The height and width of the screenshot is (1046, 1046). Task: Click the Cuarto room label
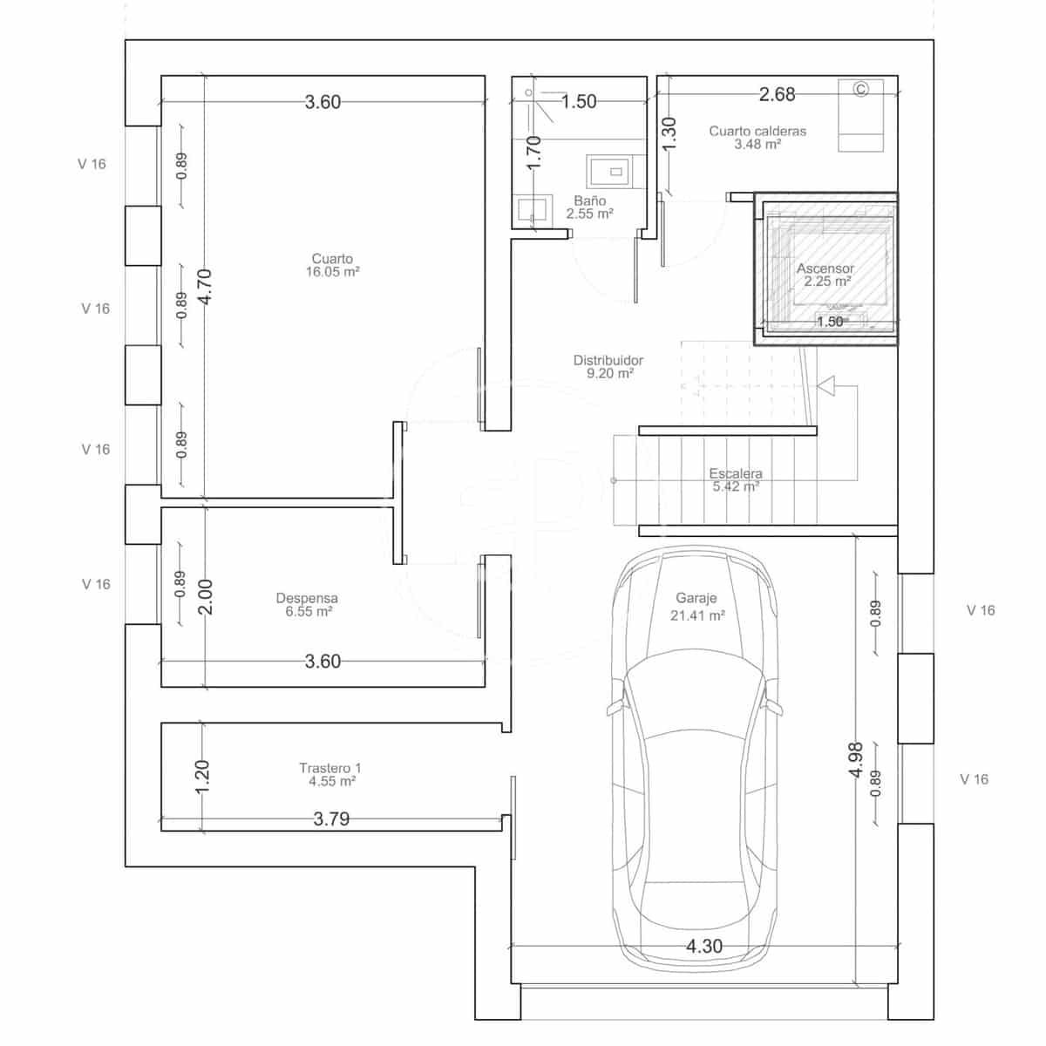pyautogui.click(x=332, y=259)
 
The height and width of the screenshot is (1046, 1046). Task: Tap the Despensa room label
pyautogui.click(x=307, y=599)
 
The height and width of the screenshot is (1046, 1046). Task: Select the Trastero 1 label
pyautogui.click(x=329, y=768)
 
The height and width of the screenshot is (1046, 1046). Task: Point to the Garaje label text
pyautogui.click(x=696, y=599)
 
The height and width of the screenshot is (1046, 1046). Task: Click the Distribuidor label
pyautogui.click(x=608, y=360)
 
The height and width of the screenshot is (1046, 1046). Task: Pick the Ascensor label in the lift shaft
pyautogui.click(x=825, y=268)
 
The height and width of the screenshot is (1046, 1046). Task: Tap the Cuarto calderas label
pyautogui.click(x=757, y=132)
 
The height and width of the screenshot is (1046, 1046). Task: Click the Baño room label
pyautogui.click(x=590, y=201)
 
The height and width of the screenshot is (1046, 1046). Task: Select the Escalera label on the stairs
pyautogui.click(x=736, y=474)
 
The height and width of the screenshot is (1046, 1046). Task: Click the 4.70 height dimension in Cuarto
pyautogui.click(x=205, y=286)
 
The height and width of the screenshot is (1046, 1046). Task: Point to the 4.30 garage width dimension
pyautogui.click(x=704, y=946)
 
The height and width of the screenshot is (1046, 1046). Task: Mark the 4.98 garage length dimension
pyautogui.click(x=855, y=759)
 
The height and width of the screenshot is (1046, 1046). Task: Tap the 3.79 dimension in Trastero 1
pyautogui.click(x=331, y=819)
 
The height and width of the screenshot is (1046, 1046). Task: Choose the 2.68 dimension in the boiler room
pyautogui.click(x=777, y=94)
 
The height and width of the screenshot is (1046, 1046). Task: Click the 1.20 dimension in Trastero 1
pyautogui.click(x=201, y=776)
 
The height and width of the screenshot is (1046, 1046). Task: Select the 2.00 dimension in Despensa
pyautogui.click(x=206, y=597)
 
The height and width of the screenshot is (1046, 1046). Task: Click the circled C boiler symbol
pyautogui.click(x=861, y=89)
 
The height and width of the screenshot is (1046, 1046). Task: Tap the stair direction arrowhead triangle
pyautogui.click(x=825, y=384)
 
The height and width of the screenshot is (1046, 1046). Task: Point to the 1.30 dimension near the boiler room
pyautogui.click(x=669, y=134)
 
